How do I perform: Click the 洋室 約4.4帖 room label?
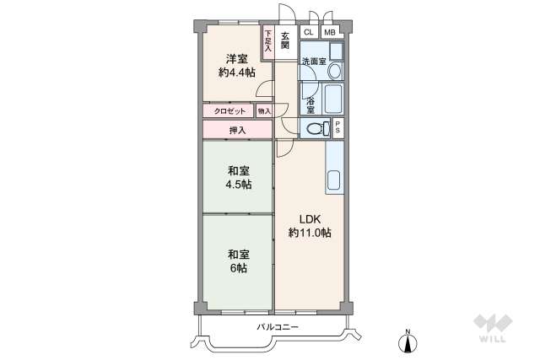(x=235, y=65)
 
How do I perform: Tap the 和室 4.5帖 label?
(x=237, y=177)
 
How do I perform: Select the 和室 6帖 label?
(x=237, y=261)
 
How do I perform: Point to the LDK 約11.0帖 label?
(x=309, y=226)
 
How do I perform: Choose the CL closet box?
(x=308, y=32)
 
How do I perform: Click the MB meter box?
(x=330, y=32)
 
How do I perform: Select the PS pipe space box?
(x=337, y=128)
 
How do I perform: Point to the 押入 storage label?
(x=237, y=130)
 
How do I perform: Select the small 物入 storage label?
(x=264, y=110)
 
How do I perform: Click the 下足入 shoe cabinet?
(x=268, y=42)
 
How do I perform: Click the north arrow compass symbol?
(x=408, y=341)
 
